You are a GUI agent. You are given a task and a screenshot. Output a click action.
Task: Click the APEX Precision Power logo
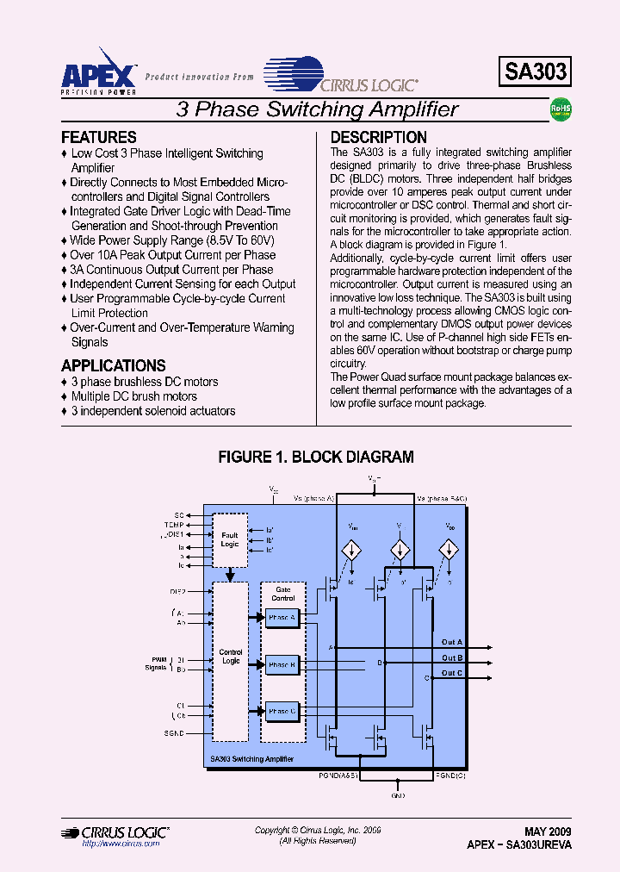click(98, 70)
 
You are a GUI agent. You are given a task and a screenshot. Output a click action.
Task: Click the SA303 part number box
click(535, 72)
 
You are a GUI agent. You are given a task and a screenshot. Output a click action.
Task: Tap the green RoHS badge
click(561, 109)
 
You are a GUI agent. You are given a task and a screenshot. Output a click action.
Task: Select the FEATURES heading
click(99, 138)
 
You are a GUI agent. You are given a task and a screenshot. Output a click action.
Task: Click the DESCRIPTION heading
click(378, 138)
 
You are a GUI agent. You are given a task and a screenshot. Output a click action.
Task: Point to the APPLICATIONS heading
click(114, 365)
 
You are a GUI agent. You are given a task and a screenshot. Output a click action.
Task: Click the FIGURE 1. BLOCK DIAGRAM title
click(316, 458)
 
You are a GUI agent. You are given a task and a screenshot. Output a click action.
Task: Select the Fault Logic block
click(230, 540)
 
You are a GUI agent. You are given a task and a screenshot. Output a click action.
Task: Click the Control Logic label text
click(231, 657)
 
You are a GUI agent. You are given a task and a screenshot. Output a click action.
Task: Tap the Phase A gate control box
click(281, 617)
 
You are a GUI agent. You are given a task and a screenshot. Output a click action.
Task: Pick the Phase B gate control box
click(281, 664)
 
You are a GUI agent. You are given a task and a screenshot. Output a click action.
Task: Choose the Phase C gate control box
click(281, 711)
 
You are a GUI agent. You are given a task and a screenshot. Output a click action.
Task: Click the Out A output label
click(452, 643)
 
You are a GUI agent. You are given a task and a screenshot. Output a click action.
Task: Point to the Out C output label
click(452, 673)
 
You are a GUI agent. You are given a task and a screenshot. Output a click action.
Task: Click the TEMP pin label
click(174, 524)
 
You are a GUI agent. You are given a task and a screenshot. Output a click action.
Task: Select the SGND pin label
click(176, 733)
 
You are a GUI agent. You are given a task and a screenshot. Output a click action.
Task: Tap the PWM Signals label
click(155, 663)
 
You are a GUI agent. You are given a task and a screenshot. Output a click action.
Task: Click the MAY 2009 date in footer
click(548, 832)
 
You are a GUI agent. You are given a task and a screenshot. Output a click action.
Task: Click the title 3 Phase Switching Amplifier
click(317, 109)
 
